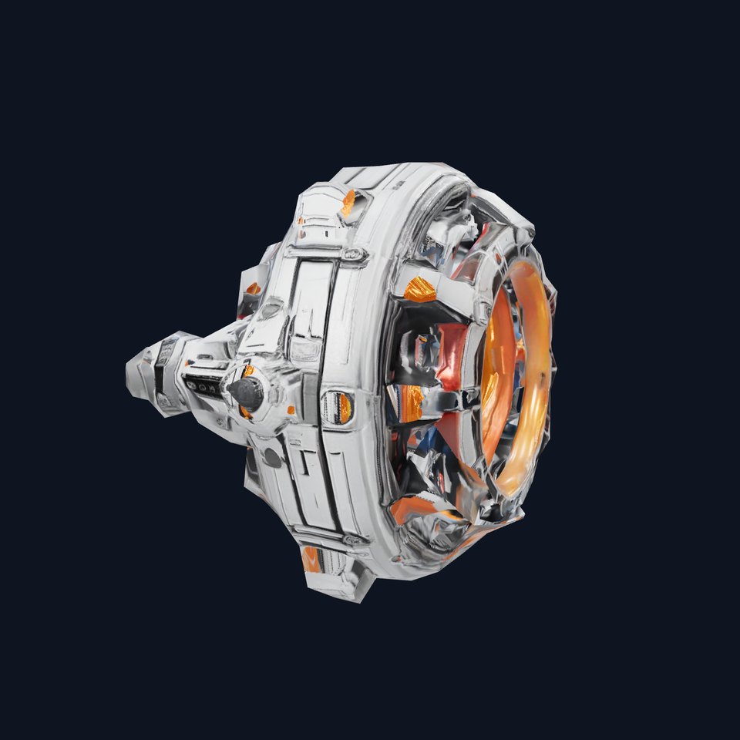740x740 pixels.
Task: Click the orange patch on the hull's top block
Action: click(x=348, y=202)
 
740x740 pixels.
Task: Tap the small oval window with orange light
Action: click(x=338, y=407)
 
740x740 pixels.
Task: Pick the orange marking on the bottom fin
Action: click(x=311, y=560)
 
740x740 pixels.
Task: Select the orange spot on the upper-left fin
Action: click(x=253, y=288)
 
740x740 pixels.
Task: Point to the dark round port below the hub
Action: click(x=271, y=457)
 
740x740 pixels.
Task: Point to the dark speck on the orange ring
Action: click(x=545, y=376)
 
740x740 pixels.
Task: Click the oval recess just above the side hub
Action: click(x=269, y=311)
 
